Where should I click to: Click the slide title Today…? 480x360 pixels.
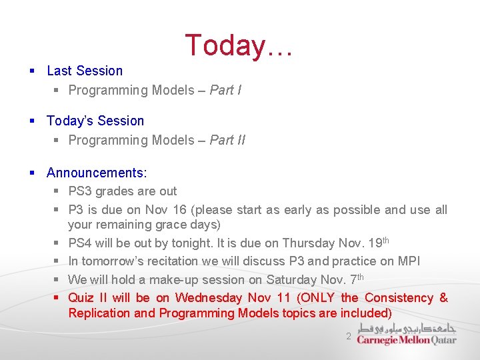[239, 45]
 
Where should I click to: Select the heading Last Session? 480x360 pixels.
[85, 71]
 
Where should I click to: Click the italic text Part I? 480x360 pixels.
[225, 90]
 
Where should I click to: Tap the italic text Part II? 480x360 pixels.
[227, 140]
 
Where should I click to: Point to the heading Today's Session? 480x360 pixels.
[95, 121]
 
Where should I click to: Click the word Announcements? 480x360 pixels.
[96, 173]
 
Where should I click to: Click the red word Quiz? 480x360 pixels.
[81, 298]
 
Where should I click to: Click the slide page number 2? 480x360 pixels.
[348, 337]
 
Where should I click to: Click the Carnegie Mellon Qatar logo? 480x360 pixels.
[407, 334]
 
